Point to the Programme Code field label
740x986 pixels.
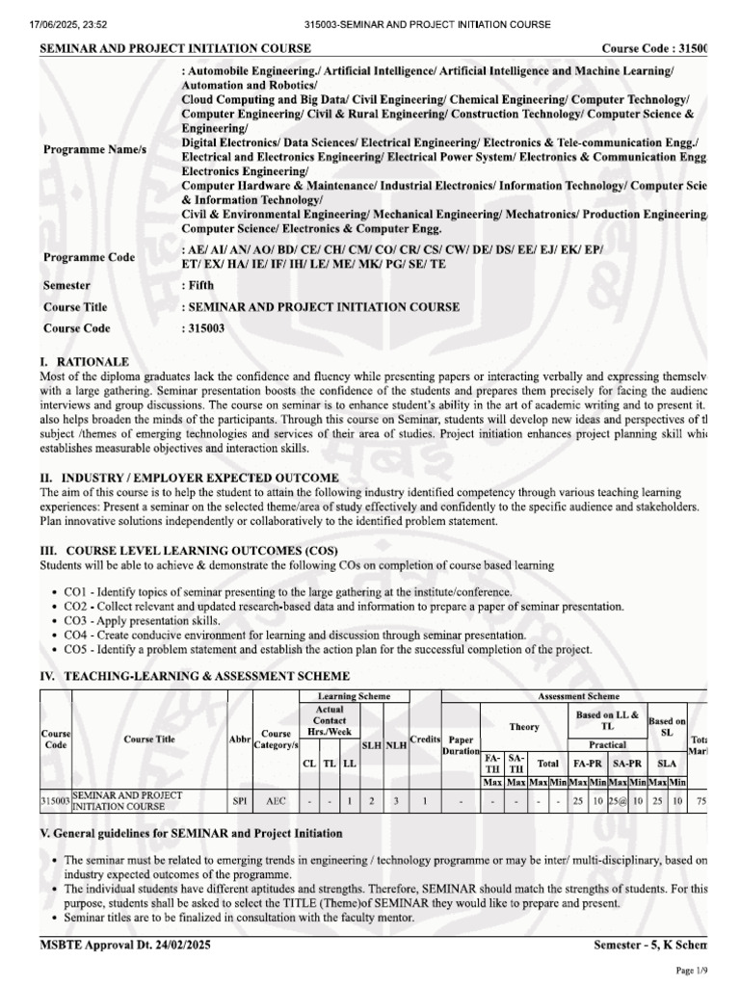point(89,257)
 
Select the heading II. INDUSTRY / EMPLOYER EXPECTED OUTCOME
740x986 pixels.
point(189,478)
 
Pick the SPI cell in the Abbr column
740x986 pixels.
point(240,799)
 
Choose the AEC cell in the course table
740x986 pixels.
point(276,799)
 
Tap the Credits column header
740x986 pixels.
point(425,738)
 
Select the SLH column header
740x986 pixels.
point(371,745)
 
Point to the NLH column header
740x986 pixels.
point(396,745)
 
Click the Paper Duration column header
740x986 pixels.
point(461,745)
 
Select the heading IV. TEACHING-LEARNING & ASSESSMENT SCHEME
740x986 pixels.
point(187,678)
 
